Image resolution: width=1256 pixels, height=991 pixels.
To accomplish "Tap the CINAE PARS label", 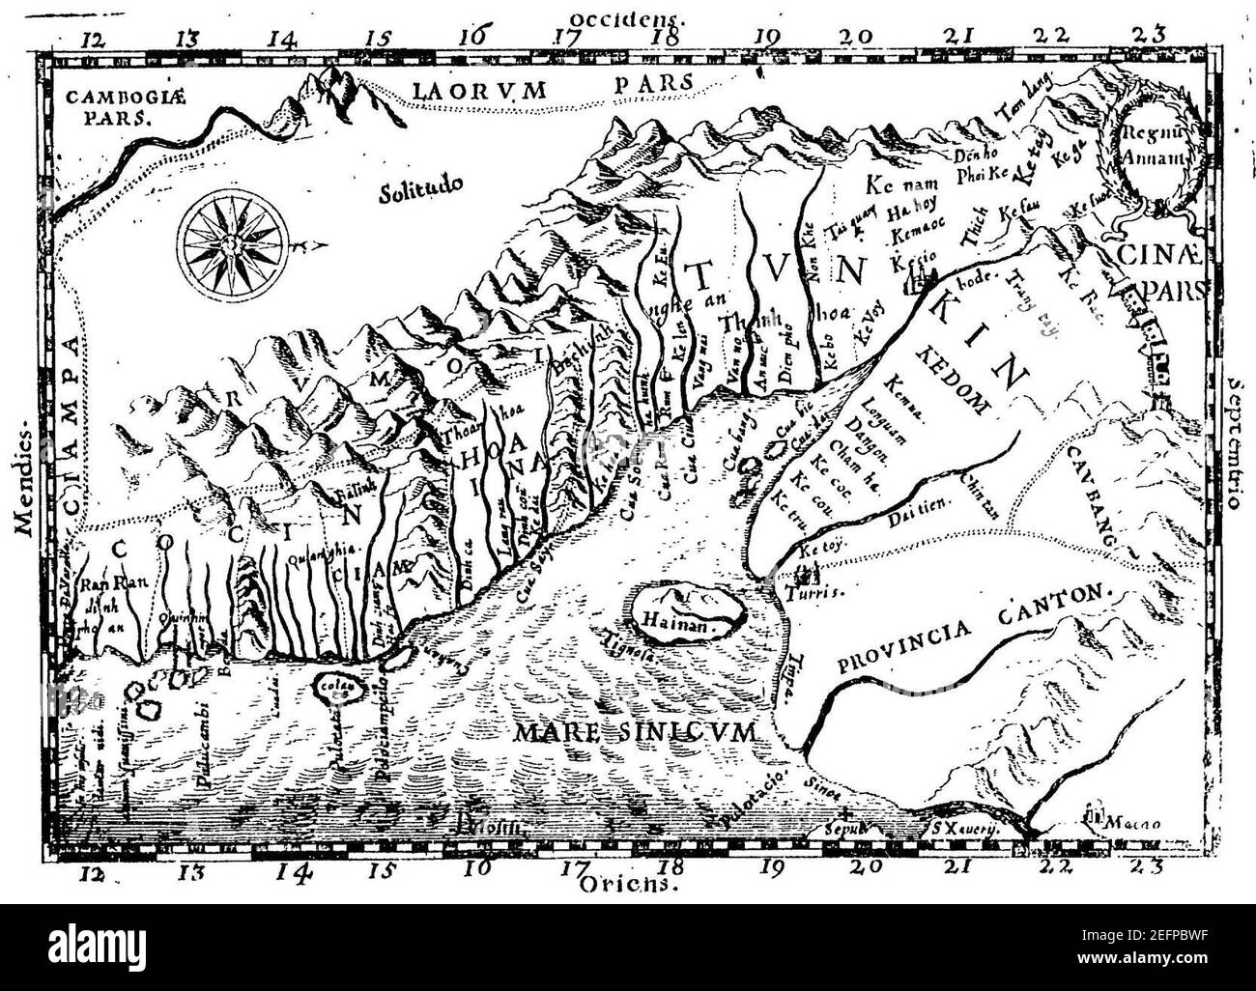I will click(1163, 273).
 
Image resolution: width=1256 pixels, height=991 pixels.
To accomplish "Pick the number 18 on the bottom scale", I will click(673, 866).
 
